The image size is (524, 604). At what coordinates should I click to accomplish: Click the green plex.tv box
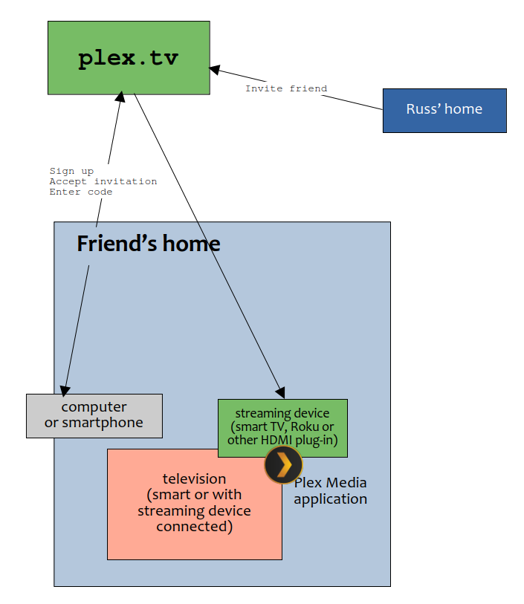[x=129, y=58]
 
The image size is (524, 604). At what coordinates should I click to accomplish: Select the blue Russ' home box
[x=444, y=111]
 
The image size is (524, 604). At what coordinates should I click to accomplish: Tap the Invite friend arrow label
[x=286, y=88]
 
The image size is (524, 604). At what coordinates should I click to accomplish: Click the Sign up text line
[x=71, y=171]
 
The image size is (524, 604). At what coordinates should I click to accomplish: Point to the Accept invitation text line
[x=103, y=181]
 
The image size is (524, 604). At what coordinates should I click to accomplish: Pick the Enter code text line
[x=81, y=192]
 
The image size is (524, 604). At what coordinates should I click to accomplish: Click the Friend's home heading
[x=149, y=244]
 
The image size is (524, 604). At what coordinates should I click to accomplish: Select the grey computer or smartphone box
[x=94, y=416]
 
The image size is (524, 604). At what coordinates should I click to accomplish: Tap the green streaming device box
[x=282, y=428]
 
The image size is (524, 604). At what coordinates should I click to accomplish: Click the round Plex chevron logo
[x=284, y=464]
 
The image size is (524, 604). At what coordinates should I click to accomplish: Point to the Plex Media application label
[x=331, y=491]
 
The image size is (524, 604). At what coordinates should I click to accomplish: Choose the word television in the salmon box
[x=194, y=478]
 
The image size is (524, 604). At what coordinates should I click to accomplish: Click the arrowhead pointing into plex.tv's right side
[x=214, y=70]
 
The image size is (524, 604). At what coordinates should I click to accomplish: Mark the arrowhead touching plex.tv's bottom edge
[x=120, y=97]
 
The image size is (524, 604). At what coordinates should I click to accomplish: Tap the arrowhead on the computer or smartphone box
[x=65, y=391]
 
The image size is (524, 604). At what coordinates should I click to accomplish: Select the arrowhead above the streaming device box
[x=280, y=392]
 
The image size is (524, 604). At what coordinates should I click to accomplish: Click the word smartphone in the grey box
[x=103, y=423]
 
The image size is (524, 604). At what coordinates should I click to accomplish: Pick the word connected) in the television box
[x=194, y=527]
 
